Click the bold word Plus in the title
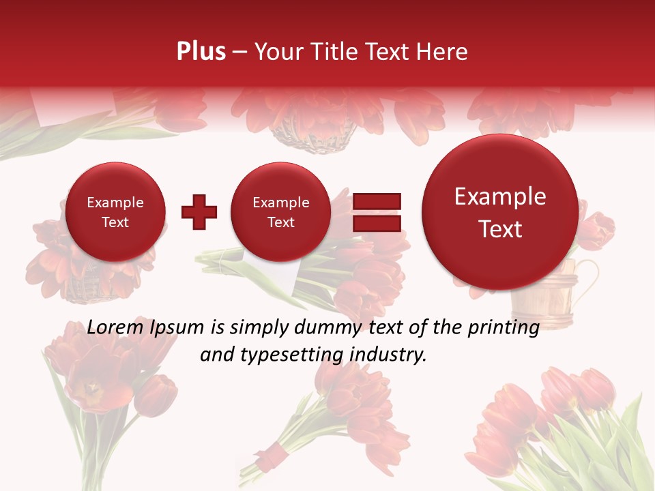[201, 52]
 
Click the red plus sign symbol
[199, 212]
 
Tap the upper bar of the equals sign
[377, 201]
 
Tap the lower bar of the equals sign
[377, 223]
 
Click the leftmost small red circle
[115, 212]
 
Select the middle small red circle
[281, 212]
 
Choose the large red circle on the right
[500, 212]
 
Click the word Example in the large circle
[500, 196]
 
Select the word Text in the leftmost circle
[115, 222]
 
